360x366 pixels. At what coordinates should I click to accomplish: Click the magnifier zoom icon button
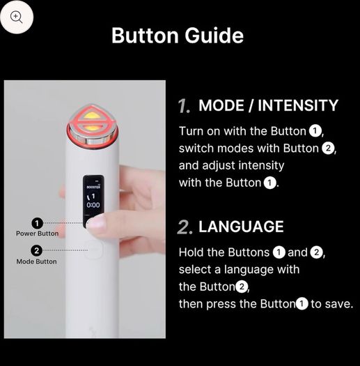[x=17, y=17]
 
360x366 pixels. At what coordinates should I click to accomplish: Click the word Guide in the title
[x=214, y=36]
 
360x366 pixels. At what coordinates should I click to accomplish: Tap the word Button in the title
[x=145, y=36]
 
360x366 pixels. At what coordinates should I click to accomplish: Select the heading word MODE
[x=221, y=105]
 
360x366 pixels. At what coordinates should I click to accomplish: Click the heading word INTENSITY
[x=298, y=105]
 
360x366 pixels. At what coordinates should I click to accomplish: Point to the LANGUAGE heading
[x=241, y=227]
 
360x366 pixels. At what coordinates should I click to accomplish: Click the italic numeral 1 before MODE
[x=185, y=106]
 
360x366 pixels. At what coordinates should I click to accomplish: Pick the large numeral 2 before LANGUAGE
[x=185, y=227]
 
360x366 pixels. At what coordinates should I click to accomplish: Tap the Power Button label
[x=38, y=234]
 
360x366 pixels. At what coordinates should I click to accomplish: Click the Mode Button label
[x=37, y=261]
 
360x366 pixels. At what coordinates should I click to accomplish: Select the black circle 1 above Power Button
[x=37, y=223]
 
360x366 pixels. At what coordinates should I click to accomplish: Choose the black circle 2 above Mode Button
[x=37, y=251]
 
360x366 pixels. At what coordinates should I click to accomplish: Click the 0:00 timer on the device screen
[x=93, y=205]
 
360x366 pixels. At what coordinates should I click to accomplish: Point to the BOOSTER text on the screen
[x=93, y=187]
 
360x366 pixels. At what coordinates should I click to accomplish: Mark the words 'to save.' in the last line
[x=332, y=304]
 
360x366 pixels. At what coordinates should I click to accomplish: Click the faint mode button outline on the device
[x=93, y=250]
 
